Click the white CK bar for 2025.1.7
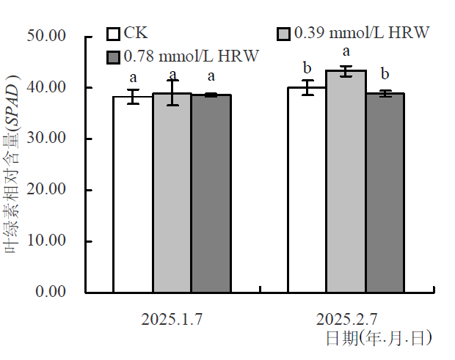pos(132,194)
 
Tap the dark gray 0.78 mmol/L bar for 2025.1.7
pos(211,194)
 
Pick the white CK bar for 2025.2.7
pos(307,190)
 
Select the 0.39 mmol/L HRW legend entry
pos(352,33)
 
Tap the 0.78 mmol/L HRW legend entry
pos(183,56)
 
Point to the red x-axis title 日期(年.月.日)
pos(378,338)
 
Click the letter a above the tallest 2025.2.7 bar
pos(346,52)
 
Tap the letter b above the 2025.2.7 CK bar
pos(307,69)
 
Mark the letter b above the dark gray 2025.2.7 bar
pos(385,74)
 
